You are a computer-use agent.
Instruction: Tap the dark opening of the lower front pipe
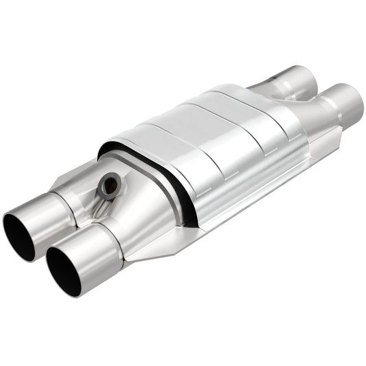pos(62,270)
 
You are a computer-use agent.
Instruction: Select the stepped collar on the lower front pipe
pos(110,237)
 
